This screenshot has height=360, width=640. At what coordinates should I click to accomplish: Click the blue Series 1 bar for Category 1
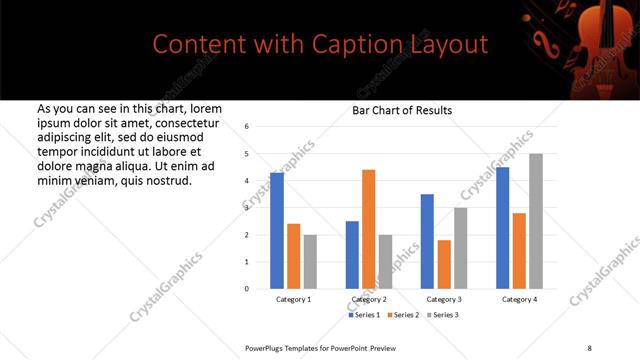click(277, 231)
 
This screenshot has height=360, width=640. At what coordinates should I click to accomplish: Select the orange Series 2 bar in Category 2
click(368, 229)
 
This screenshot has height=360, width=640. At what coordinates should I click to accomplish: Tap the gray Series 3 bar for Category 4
click(536, 221)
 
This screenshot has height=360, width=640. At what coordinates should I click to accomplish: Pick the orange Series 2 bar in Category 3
click(444, 264)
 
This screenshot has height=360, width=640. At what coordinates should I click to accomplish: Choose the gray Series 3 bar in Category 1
click(310, 262)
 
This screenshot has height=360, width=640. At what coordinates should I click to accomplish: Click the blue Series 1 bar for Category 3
click(427, 241)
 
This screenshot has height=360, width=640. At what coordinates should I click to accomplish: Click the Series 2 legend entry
click(403, 315)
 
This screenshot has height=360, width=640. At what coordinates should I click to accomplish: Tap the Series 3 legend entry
click(442, 315)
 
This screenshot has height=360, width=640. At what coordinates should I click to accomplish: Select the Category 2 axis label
click(370, 299)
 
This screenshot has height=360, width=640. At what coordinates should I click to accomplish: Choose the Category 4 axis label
click(519, 299)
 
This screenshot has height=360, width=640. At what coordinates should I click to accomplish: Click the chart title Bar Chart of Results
click(402, 110)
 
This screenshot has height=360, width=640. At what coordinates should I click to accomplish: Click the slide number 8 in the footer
click(589, 347)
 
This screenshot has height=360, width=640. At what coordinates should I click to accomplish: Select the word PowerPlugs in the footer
click(268, 347)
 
